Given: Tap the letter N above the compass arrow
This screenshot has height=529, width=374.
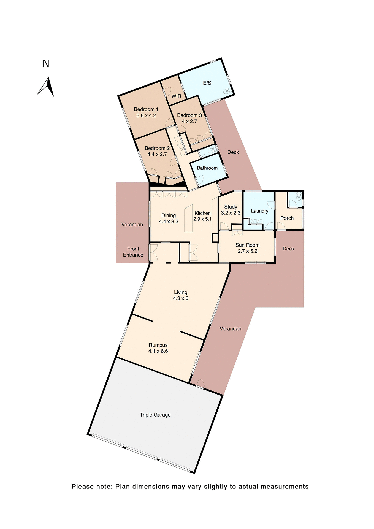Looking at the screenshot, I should click(x=46, y=64).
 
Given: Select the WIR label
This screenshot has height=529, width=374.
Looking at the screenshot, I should click(x=176, y=96).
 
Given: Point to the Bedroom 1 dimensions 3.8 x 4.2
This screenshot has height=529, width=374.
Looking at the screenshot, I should click(x=146, y=115).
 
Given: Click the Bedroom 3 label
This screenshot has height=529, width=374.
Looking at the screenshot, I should click(x=189, y=115).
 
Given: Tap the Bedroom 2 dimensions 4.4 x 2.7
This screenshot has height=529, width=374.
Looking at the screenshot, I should click(x=157, y=154).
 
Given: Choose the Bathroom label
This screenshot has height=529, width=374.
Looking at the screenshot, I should click(x=207, y=168).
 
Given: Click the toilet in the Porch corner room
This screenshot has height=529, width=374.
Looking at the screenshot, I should click(x=299, y=196).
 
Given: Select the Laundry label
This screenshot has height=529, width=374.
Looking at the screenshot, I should click(x=259, y=211).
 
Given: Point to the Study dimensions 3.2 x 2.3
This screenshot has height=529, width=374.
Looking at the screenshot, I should click(x=231, y=213).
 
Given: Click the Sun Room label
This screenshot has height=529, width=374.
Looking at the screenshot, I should click(x=247, y=245).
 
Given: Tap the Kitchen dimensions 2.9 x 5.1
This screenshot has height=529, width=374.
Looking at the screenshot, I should click(x=202, y=219).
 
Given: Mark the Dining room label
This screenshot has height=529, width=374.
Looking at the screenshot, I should click(x=169, y=215).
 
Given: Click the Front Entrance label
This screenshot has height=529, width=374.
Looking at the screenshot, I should click(x=133, y=252).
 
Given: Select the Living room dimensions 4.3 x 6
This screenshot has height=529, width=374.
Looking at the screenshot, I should click(x=181, y=298).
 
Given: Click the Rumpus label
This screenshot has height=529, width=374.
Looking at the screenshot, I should click(x=158, y=345).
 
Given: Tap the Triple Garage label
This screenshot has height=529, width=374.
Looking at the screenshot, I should click(x=155, y=415).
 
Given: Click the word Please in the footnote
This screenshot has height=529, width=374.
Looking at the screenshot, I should click(x=83, y=487).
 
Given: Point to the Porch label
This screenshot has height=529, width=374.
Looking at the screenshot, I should click(x=287, y=218).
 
